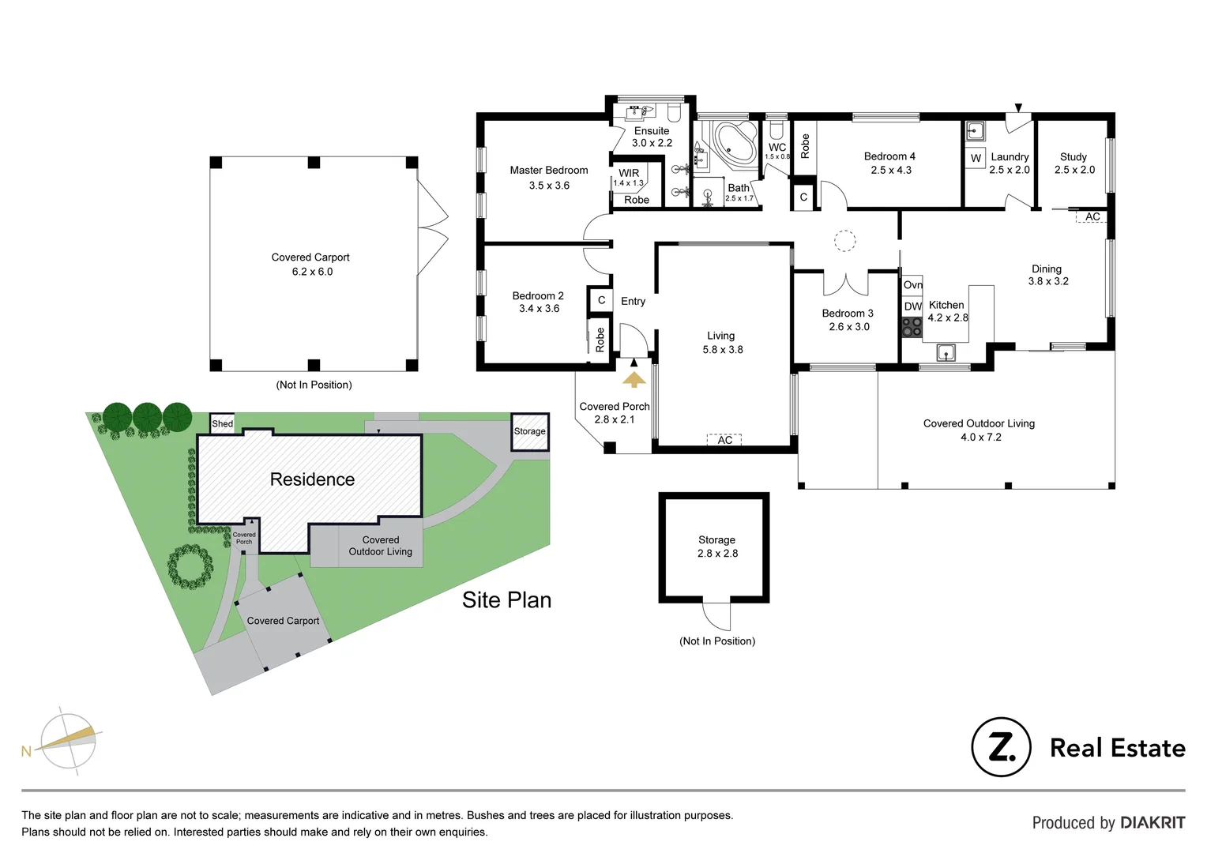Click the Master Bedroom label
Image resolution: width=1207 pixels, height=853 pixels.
(x=548, y=170)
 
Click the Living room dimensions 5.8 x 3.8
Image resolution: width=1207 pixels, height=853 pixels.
(x=722, y=349)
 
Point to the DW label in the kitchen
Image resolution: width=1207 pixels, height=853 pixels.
(x=912, y=306)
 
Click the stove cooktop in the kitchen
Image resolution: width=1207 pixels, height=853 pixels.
(x=912, y=326)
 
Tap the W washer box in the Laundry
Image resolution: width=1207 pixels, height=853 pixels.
(x=976, y=158)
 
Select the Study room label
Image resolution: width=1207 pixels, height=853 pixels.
(x=1073, y=156)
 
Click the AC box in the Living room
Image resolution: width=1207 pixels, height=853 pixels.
(x=724, y=440)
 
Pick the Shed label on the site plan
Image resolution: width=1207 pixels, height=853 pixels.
(x=222, y=423)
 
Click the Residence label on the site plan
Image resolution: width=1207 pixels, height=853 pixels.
(x=312, y=479)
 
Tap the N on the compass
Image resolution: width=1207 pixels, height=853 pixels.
(x=26, y=751)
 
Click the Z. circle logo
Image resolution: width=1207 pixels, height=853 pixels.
(x=1001, y=747)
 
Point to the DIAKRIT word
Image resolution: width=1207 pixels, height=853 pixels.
(x=1152, y=822)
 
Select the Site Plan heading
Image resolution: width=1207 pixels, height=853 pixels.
(x=506, y=600)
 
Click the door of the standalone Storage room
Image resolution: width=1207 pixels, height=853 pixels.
(x=716, y=616)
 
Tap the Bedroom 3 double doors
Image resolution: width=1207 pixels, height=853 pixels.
(x=845, y=283)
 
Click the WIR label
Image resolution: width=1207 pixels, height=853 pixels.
(x=629, y=173)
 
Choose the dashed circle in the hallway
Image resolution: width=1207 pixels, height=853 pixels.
(x=845, y=241)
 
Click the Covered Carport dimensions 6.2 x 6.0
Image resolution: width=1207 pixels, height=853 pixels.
(x=312, y=272)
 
